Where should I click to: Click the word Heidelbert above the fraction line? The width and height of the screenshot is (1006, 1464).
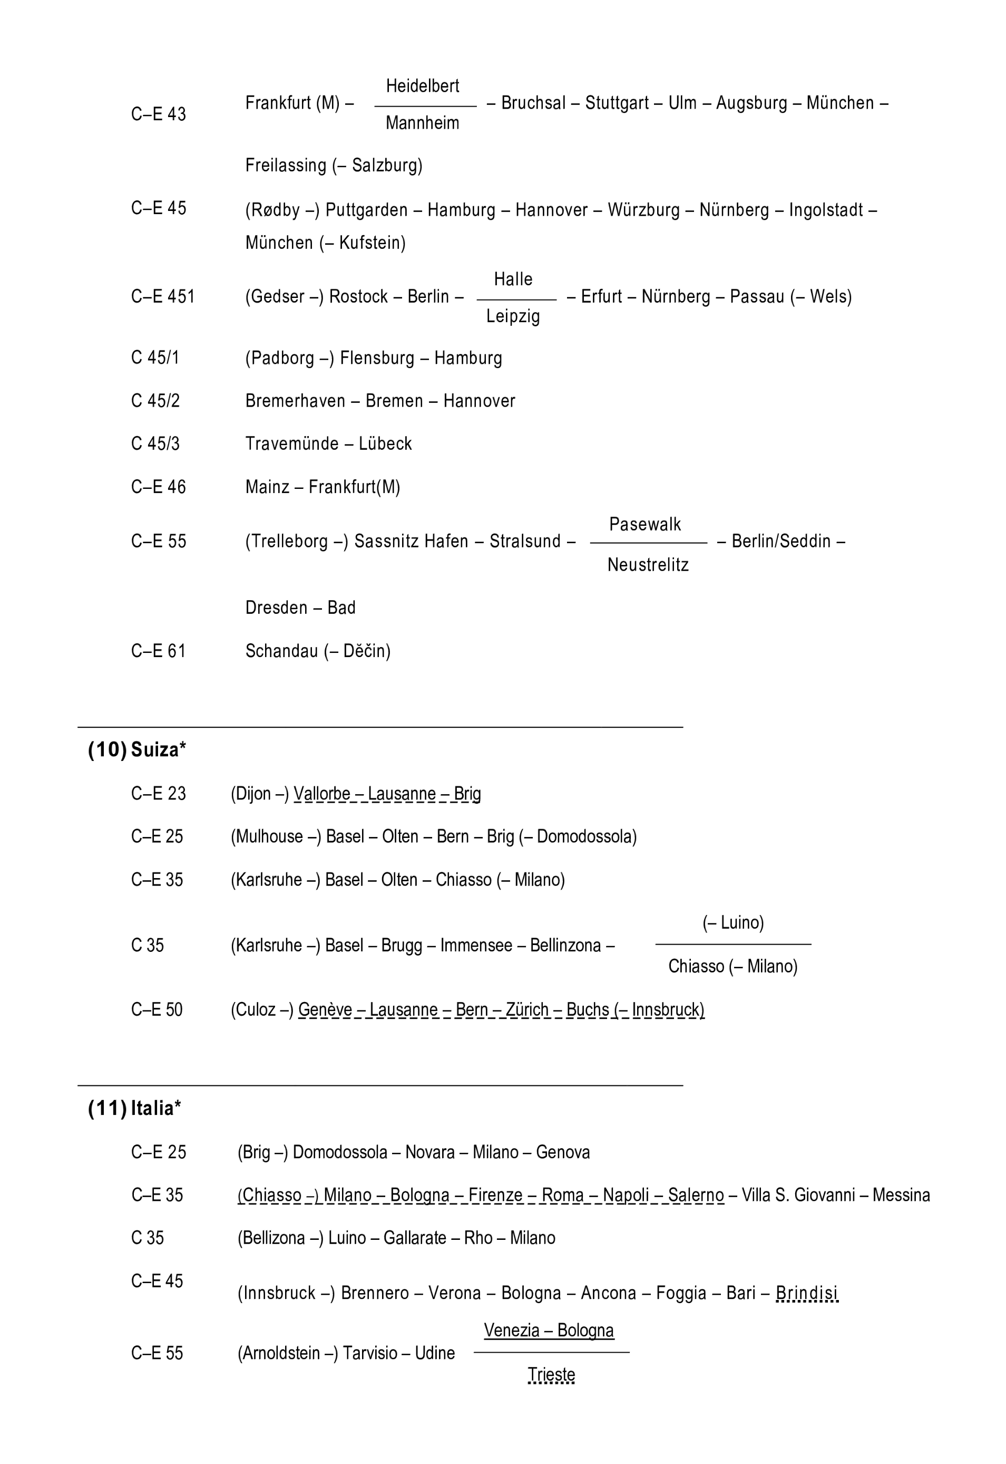(422, 86)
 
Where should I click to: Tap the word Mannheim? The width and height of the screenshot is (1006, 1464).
(422, 123)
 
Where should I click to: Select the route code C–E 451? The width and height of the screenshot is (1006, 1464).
(163, 296)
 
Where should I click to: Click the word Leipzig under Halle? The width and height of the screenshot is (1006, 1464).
(512, 316)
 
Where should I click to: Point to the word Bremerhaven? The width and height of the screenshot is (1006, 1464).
(295, 401)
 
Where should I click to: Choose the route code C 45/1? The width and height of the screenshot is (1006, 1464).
(155, 358)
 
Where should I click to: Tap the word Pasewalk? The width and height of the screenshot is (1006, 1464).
(645, 524)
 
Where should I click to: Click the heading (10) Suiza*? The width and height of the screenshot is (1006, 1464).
(138, 750)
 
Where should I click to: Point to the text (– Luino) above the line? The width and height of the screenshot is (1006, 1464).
(732, 923)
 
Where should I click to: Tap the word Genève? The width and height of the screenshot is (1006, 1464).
(325, 1010)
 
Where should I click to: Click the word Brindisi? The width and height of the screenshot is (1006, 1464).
(806, 1293)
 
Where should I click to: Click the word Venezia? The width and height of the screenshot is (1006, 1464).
(512, 1330)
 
